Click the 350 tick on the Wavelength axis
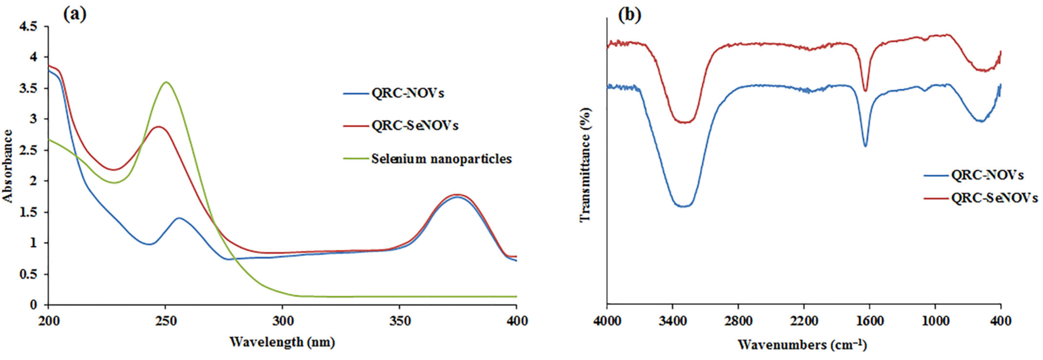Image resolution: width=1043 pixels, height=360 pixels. (x=399, y=321)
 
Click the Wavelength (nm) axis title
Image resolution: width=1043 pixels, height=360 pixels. (x=282, y=342)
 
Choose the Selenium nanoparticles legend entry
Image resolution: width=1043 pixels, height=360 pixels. (x=441, y=159)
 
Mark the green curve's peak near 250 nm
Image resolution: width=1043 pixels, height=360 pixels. (x=166, y=82)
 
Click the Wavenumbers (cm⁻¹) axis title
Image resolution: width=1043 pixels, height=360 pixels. (x=803, y=345)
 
